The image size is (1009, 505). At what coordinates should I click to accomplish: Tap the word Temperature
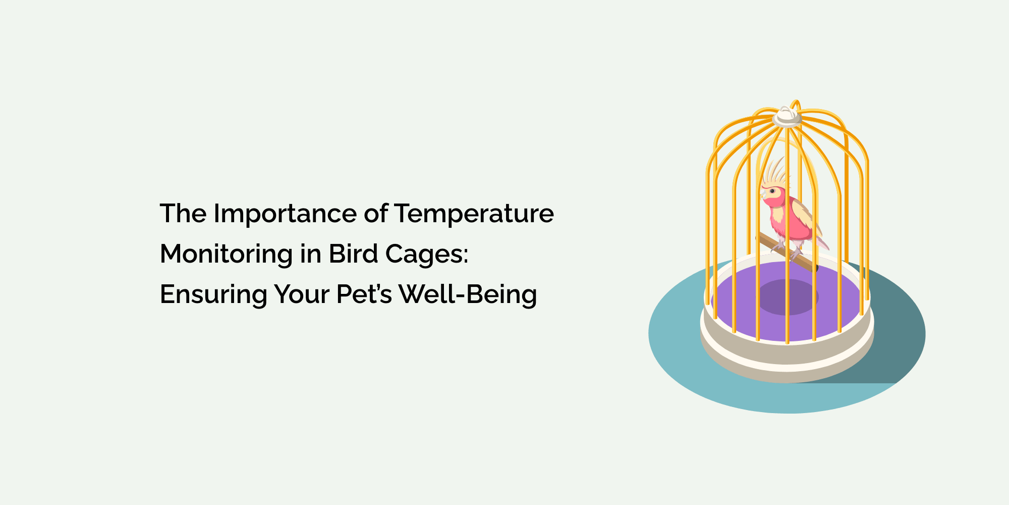[x=474, y=214]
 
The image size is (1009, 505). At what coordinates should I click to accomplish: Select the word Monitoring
[x=226, y=254]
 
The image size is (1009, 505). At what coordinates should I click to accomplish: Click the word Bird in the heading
[x=354, y=254]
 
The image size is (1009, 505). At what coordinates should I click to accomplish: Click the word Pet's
[x=364, y=294]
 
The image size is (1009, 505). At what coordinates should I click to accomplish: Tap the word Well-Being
[x=468, y=294]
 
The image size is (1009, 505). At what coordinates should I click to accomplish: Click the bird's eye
[x=772, y=191]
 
